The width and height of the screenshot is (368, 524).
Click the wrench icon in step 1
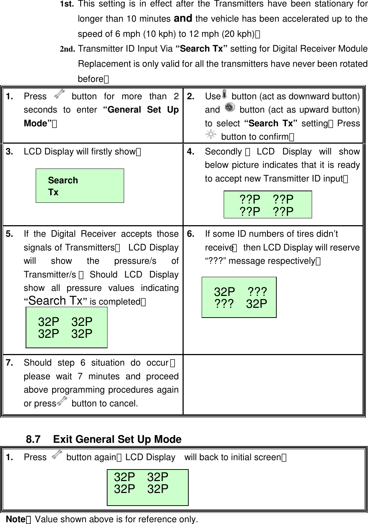[x=59, y=95]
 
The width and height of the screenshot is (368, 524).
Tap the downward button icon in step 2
[x=225, y=94]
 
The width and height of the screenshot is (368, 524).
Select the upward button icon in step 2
[x=229, y=108]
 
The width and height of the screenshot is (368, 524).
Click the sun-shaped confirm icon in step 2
[x=211, y=135]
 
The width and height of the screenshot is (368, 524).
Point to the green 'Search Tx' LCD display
[x=80, y=185]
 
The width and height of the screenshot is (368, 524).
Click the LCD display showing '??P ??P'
[x=267, y=205]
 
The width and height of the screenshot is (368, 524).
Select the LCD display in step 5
[x=67, y=327]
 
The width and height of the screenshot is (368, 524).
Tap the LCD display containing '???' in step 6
[x=239, y=297]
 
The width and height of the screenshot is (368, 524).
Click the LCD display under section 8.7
[x=148, y=487]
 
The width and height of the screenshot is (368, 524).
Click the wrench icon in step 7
[x=62, y=401]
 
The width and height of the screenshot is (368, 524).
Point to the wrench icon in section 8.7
[x=57, y=455]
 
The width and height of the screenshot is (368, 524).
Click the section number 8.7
[x=33, y=439]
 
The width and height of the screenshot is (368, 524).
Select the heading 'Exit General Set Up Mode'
[x=117, y=439]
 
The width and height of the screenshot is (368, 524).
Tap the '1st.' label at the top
[x=67, y=4]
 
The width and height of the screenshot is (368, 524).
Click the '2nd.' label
[x=67, y=49]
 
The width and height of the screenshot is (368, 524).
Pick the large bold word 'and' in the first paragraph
[x=183, y=18]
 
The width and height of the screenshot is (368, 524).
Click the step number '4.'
[x=191, y=152]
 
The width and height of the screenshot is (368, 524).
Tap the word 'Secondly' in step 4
[x=223, y=152]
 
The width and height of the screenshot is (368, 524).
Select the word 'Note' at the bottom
[x=16, y=519]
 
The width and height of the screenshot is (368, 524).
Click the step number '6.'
[x=191, y=234]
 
